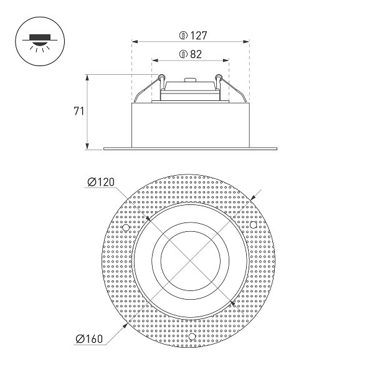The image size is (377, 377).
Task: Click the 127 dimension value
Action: (x=199, y=36)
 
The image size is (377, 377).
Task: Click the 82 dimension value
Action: (x=196, y=54)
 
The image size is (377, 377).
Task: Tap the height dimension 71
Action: (x=79, y=112)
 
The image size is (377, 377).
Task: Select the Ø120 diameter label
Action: (x=101, y=182)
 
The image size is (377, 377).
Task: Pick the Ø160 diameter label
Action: (x=89, y=339)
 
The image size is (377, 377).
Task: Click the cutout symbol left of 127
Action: (x=183, y=36)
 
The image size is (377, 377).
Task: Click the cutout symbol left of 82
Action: (x=183, y=54)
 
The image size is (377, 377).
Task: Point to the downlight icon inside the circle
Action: (x=40, y=42)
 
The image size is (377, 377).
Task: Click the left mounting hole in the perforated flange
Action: (x=126, y=227)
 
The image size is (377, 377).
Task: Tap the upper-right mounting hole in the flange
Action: (x=253, y=225)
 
